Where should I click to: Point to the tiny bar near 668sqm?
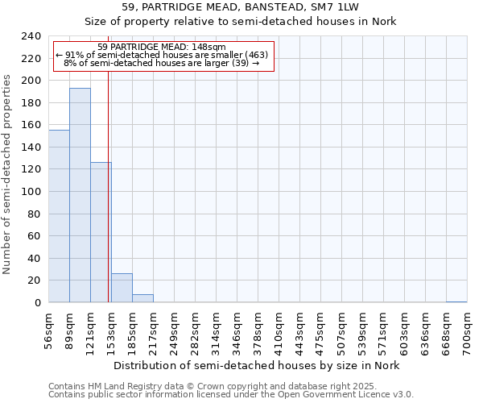[456, 301]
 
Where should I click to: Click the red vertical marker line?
[108, 201]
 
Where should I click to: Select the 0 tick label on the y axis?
[38, 303]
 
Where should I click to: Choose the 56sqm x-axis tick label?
[49, 330]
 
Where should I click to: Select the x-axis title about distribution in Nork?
[257, 365]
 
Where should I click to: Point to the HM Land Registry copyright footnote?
[229, 386]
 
